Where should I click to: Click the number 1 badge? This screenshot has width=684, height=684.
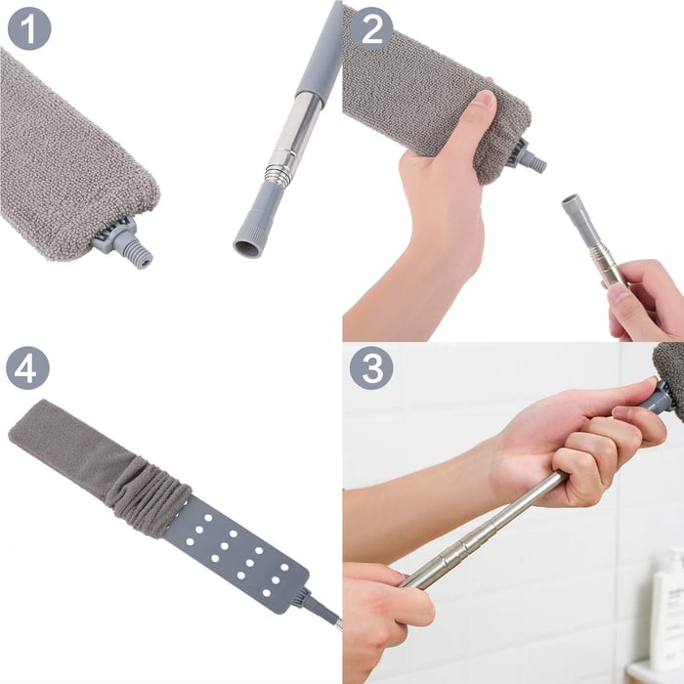[29, 28]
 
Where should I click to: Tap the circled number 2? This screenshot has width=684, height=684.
[371, 28]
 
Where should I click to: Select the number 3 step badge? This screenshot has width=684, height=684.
[371, 368]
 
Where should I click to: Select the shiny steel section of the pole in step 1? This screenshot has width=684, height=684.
[293, 132]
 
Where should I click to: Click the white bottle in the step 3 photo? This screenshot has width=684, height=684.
[668, 606]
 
